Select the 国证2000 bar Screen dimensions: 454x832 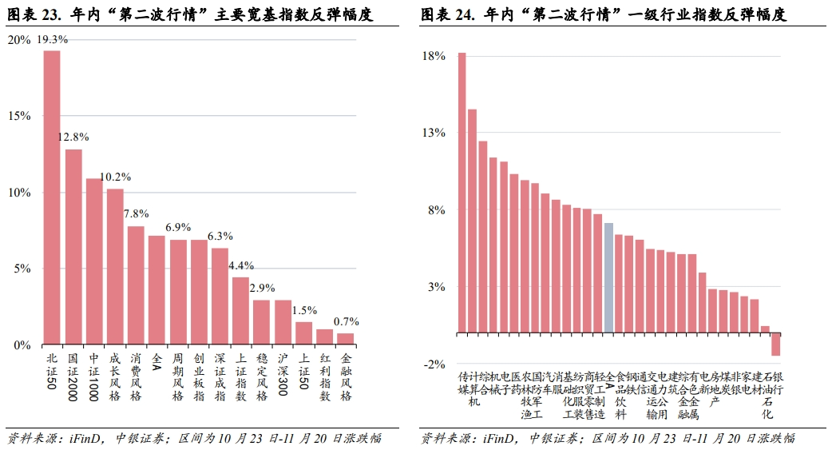(73, 247)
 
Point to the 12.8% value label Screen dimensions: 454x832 (73, 138)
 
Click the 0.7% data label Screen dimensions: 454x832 (346, 322)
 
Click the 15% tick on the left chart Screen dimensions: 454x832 (19, 116)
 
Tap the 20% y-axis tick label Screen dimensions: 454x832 (19, 40)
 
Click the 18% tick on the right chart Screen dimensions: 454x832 (434, 56)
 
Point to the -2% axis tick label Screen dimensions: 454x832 (434, 364)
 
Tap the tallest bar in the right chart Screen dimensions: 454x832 (462, 192)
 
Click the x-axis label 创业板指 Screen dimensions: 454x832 (199, 377)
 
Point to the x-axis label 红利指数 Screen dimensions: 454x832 (325, 377)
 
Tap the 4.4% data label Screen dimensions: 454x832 (240, 265)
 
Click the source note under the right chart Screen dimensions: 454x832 (608, 438)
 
